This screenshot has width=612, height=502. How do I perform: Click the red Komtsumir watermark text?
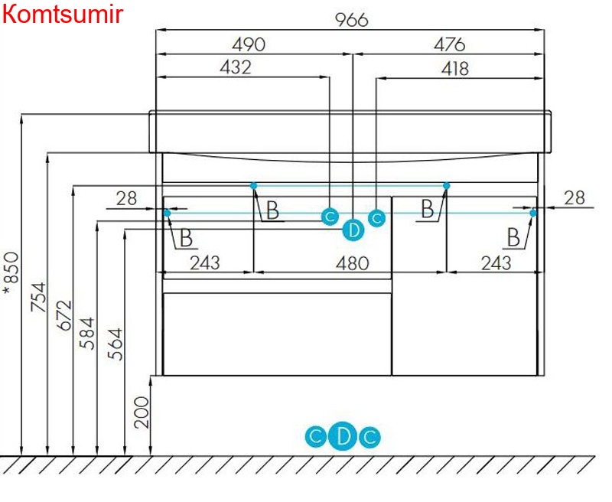[x=62, y=14]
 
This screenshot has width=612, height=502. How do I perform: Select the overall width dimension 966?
[x=352, y=19]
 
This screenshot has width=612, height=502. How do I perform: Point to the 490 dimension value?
[x=249, y=44]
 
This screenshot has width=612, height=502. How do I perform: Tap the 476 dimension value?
[x=449, y=44]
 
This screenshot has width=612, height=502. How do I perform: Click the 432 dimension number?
[x=235, y=67]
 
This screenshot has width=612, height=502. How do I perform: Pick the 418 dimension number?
[x=454, y=69]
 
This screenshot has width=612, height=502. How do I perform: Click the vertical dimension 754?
[x=37, y=298]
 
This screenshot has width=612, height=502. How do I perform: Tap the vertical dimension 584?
[x=87, y=333]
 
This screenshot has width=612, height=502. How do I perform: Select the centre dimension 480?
[x=353, y=262]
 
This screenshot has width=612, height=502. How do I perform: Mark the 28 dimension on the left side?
[x=126, y=198]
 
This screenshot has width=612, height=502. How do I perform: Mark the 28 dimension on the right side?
[x=575, y=197]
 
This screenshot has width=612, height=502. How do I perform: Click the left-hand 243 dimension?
[x=204, y=262]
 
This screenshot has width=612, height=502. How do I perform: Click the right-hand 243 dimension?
[x=496, y=262]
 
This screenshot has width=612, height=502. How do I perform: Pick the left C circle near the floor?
[x=315, y=438]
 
